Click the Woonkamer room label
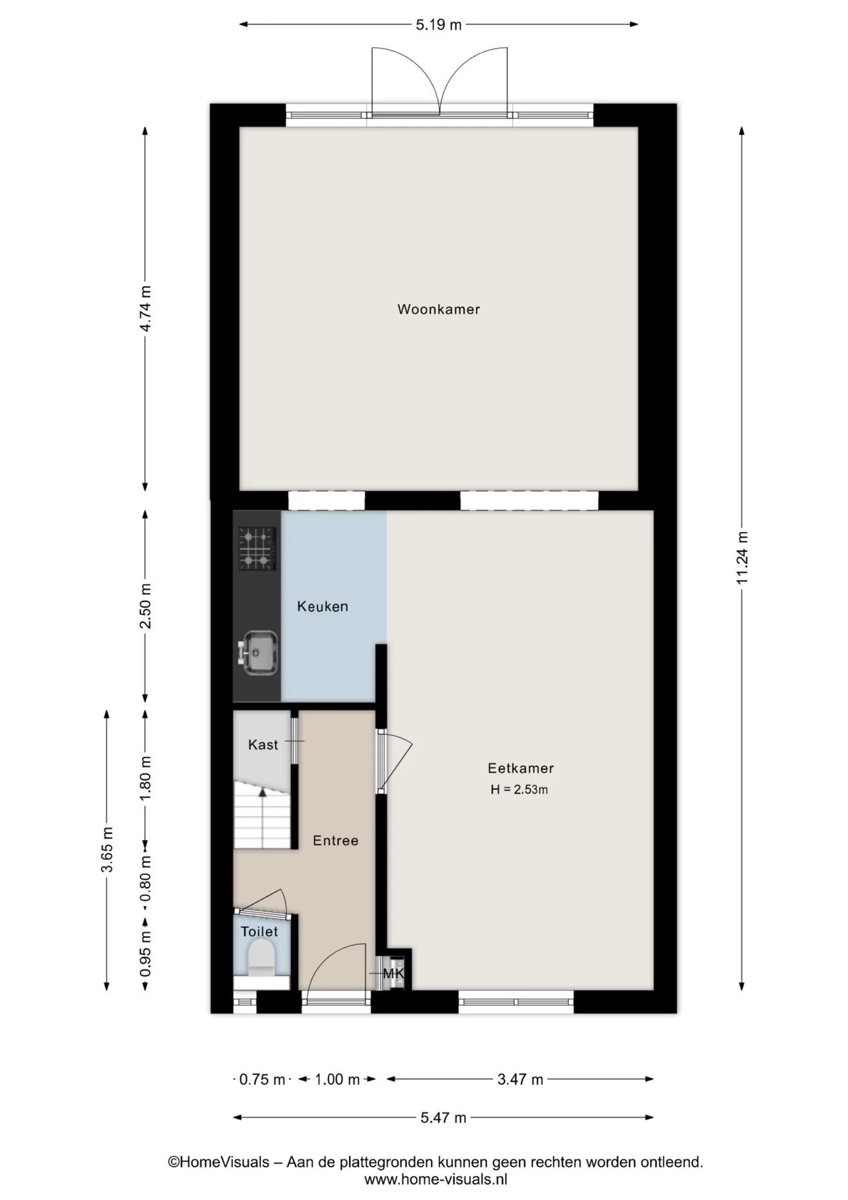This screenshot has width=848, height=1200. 438,309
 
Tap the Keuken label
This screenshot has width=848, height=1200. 322,606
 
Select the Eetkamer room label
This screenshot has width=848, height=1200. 521,768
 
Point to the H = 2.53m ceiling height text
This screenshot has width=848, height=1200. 519,789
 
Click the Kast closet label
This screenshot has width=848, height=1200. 263,744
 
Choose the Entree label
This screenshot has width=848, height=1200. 336,841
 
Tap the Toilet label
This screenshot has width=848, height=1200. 259,932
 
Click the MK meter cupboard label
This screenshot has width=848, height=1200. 393,974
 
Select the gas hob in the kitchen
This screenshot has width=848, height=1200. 257,549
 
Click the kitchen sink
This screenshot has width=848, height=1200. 257,653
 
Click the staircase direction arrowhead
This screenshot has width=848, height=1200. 263,792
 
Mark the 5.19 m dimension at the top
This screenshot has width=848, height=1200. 438,25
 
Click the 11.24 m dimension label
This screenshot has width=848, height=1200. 742,558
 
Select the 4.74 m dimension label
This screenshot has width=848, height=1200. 145,309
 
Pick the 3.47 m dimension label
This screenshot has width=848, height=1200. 520,1079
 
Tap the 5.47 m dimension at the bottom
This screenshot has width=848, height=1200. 443,1117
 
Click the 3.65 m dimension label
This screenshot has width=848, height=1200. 107,849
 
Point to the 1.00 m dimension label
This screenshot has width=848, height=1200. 337,1079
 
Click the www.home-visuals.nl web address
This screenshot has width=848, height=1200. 435,1179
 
